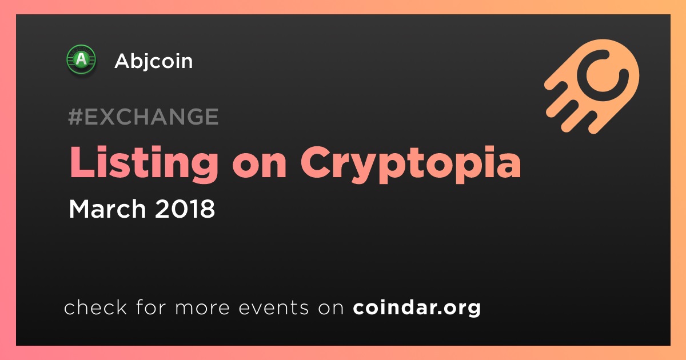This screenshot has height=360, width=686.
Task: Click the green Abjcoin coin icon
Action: click(x=81, y=59)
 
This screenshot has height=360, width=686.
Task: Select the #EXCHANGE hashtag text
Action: click(x=143, y=117)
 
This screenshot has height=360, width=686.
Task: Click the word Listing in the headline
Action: click(x=144, y=165)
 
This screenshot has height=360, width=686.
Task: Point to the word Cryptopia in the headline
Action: click(x=410, y=165)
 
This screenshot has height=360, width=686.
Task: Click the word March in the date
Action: click(x=107, y=209)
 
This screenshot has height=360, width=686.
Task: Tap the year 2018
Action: click(x=185, y=209)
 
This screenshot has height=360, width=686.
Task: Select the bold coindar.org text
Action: click(x=417, y=308)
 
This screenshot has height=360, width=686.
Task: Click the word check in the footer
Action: click(x=95, y=307)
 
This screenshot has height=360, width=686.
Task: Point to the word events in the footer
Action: click(x=274, y=307)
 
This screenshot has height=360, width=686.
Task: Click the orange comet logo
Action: click(x=592, y=86)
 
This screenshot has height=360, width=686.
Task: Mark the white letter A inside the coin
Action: click(x=81, y=59)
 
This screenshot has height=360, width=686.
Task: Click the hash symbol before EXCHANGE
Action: click(x=75, y=117)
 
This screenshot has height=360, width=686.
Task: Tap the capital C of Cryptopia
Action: click(x=316, y=162)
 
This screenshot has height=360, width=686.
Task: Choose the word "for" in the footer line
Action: click(x=151, y=307)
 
